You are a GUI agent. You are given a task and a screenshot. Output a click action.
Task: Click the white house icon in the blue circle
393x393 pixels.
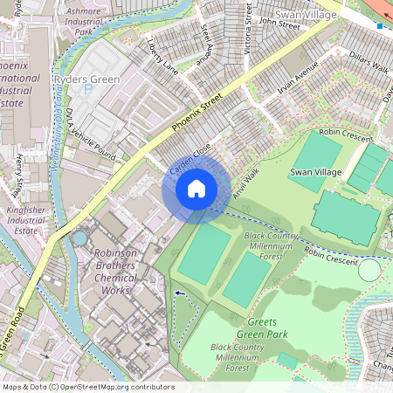tap(196, 189)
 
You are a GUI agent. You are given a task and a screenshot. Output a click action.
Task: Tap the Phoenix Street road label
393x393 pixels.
tap(197, 114)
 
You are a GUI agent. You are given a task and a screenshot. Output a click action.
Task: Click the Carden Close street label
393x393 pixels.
tap(190, 158)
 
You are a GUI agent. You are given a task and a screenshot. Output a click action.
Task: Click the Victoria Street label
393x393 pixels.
tap(248, 28)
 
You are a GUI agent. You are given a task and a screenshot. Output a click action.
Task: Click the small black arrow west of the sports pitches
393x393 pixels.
tap(180, 293)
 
